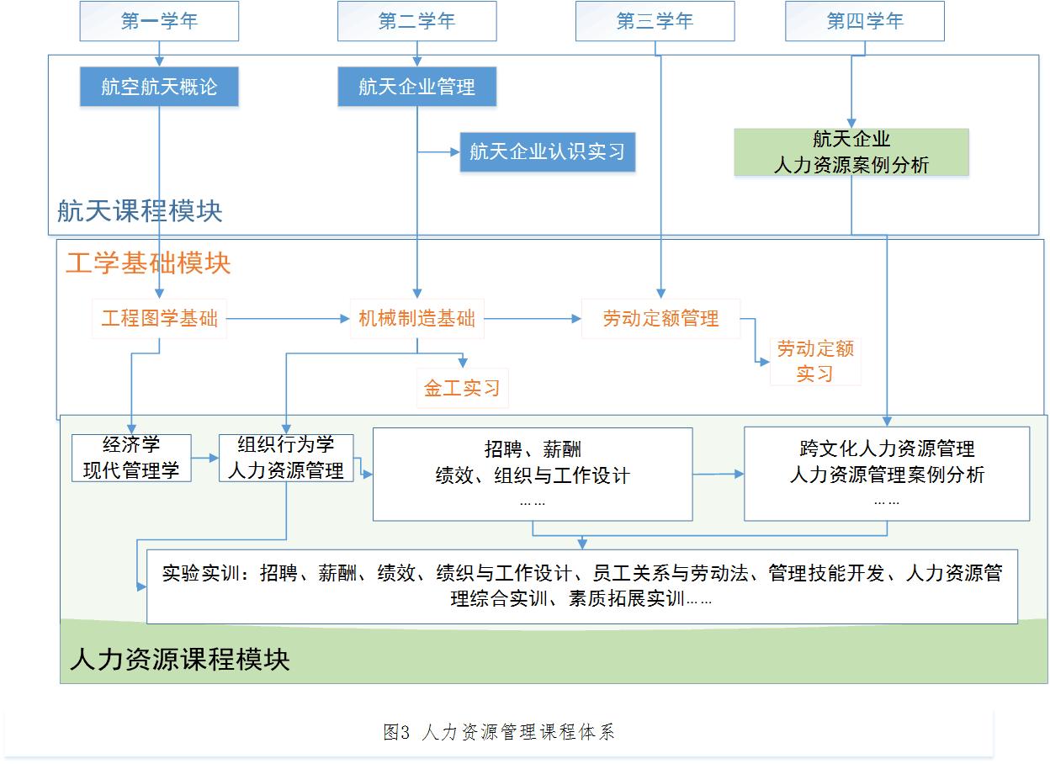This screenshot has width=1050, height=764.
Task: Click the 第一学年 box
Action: (159, 21)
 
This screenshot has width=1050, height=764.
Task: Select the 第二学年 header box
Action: (416, 21)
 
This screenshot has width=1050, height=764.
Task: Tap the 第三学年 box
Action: (655, 21)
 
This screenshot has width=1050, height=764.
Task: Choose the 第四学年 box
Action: (865, 21)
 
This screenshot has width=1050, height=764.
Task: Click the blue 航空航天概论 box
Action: (159, 87)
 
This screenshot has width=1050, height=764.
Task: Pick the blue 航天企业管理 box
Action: (416, 87)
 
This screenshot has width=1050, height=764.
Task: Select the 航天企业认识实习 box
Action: (548, 151)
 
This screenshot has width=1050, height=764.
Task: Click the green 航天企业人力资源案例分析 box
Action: (851, 152)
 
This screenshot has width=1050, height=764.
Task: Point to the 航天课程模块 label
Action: (140, 211)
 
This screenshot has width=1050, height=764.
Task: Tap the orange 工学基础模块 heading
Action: (148, 263)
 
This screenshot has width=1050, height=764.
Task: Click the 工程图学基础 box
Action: (159, 319)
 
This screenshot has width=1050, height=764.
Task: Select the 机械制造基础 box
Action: (417, 319)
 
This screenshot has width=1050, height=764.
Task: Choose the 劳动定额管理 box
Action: (661, 319)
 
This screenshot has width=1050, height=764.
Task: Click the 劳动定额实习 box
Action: (815, 361)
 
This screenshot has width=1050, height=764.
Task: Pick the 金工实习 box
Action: (462, 389)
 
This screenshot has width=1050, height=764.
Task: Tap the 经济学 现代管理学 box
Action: (131, 458)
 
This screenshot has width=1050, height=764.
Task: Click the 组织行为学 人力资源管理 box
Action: (286, 458)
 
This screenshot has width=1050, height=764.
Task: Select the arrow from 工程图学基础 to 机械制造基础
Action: (289, 319)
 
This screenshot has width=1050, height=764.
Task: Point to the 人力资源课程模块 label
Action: (180, 660)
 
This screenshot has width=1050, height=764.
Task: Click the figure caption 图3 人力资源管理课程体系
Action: (499, 732)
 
